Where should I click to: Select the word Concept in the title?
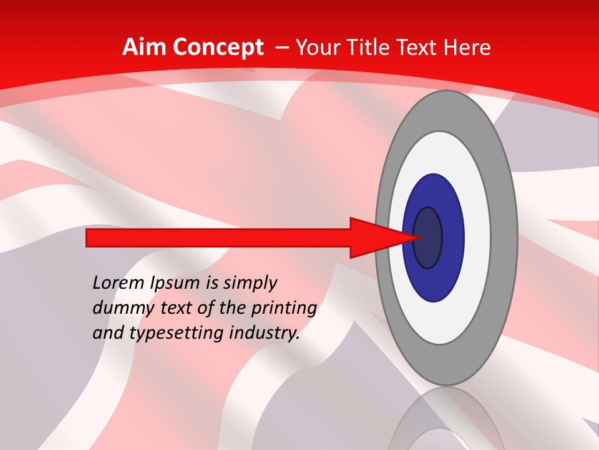click(x=219, y=47)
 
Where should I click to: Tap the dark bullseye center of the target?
click(x=428, y=238)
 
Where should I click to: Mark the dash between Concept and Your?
click(x=281, y=48)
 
